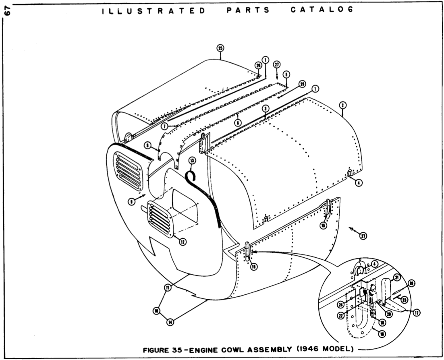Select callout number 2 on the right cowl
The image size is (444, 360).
(342, 105)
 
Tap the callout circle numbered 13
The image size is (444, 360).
(192, 160)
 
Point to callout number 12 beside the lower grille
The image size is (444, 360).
(183, 242)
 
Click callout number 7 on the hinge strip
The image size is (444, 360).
(165, 126)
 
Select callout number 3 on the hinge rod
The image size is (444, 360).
(265, 109)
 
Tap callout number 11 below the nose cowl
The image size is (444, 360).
(167, 287)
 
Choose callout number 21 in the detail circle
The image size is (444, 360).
(396, 277)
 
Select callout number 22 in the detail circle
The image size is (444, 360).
(341, 317)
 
